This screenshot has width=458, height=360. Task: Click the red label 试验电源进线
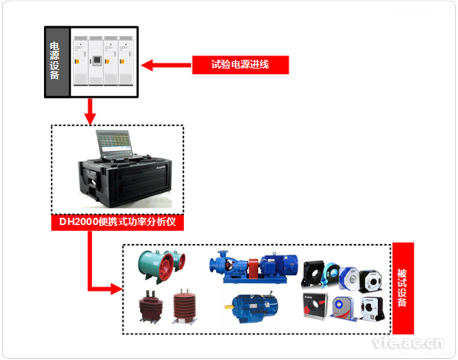[x=240, y=64]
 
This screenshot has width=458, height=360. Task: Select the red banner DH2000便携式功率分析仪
[x=118, y=223]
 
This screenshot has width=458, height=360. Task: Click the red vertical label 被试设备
[x=402, y=289]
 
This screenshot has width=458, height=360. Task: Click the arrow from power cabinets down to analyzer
[x=90, y=111]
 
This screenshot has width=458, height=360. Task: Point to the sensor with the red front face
[x=315, y=306]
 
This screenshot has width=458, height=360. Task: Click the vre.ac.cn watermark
[x=407, y=342]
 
